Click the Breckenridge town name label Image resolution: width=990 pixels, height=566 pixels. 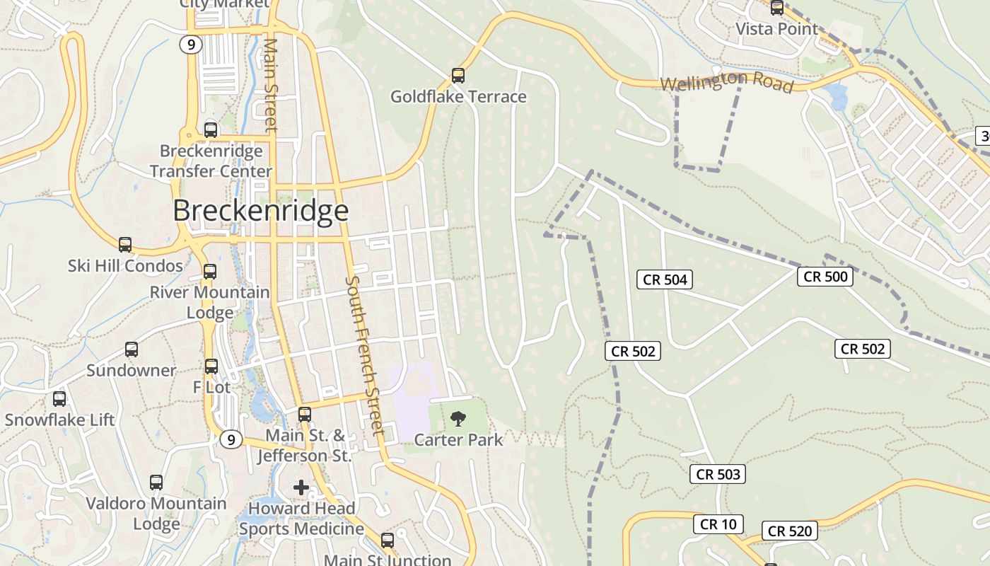pos(260,211)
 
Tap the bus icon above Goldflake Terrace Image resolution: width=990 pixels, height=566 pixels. pos(458,75)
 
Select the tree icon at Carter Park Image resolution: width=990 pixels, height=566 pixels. pos(458,417)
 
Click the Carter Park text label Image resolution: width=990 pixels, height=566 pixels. pos(458,440)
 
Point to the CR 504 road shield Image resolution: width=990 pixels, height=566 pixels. pos(665,279)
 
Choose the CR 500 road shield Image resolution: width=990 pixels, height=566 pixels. pos(825,277)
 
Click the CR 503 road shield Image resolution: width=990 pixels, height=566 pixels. pos(718,474)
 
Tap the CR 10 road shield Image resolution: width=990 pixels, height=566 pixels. pos(718,524)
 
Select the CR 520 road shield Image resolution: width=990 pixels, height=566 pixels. pos(790,531)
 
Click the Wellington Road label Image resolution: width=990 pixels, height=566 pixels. pos(726,81)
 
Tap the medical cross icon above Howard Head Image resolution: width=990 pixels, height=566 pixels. pos(301,487)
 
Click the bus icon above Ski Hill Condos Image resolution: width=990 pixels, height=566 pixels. pos(125,245)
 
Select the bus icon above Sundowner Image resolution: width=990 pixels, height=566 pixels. pos(132,349)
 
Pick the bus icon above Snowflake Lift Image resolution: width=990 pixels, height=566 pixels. pos(59,398)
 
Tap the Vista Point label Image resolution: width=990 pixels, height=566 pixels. pos(776,29)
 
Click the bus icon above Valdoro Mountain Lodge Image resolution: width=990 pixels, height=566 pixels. pos(156,483)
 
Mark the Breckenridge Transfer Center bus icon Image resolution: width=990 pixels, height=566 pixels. pos(211,130)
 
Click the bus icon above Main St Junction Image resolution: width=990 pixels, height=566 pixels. pos(388,540)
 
